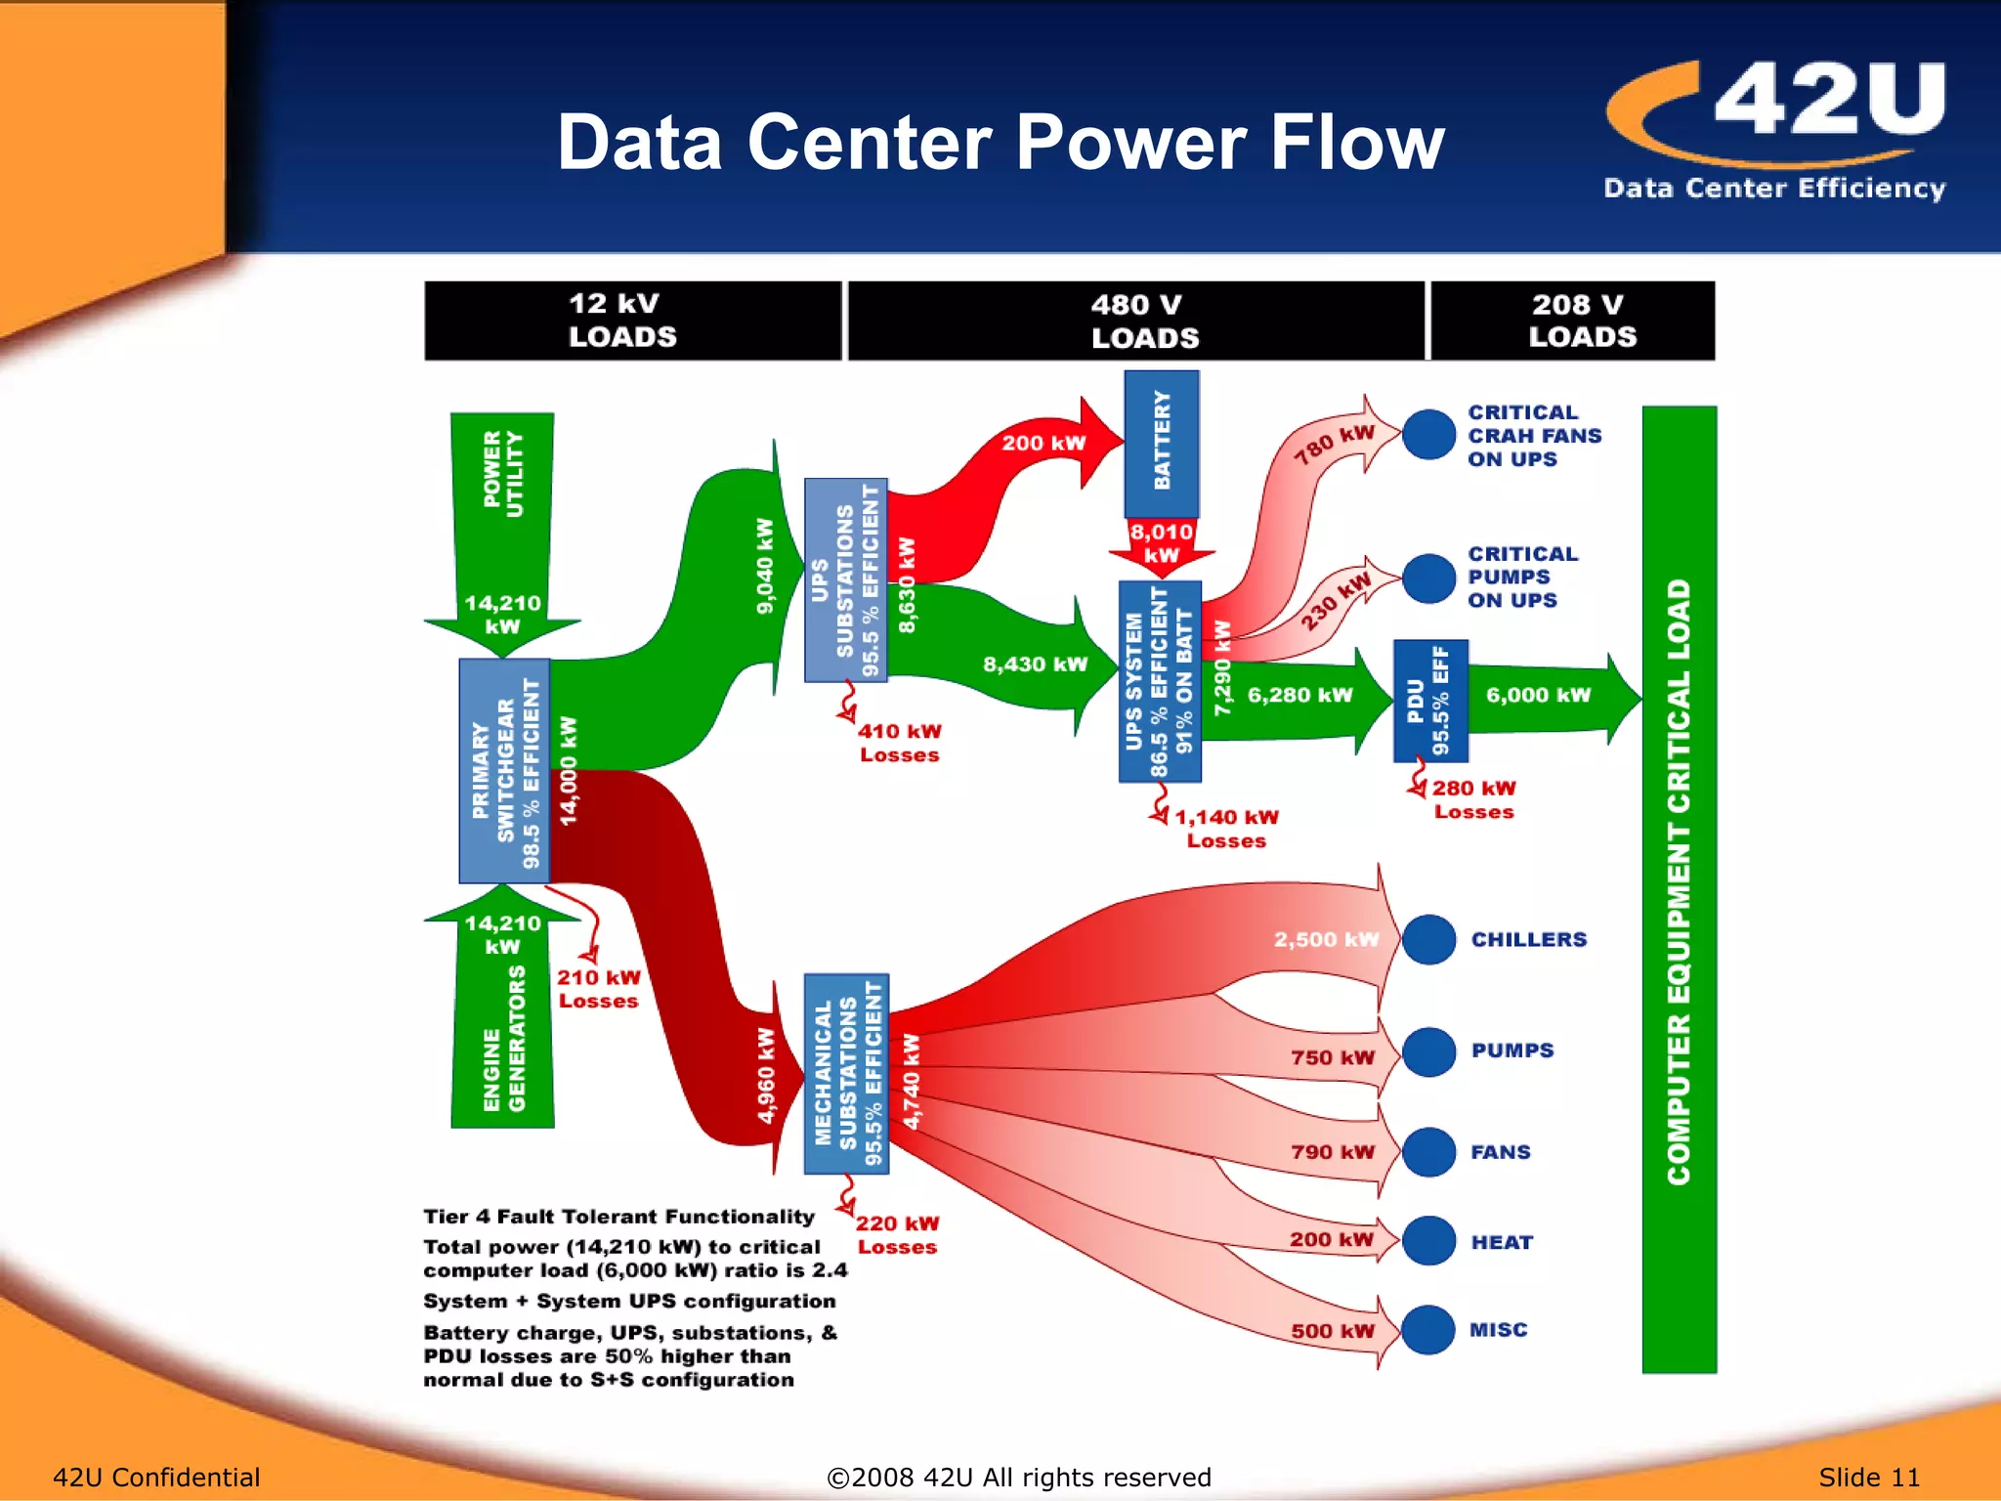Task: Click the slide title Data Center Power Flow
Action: [1000, 143]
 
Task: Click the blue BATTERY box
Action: [1161, 443]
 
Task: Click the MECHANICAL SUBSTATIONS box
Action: [846, 1073]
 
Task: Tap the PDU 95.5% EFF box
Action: [1429, 700]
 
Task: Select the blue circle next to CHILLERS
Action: [1428, 939]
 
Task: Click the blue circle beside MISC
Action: [1428, 1329]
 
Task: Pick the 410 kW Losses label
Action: [899, 743]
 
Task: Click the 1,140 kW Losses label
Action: [1225, 829]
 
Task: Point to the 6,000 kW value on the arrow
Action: [1538, 695]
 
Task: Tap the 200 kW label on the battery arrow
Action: [1043, 443]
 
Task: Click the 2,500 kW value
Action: [1325, 939]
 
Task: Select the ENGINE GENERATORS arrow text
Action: [504, 1038]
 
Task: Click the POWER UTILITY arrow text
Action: [503, 475]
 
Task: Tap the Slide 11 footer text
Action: [1868, 1477]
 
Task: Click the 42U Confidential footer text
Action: [156, 1477]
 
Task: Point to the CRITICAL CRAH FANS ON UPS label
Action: [1533, 436]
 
